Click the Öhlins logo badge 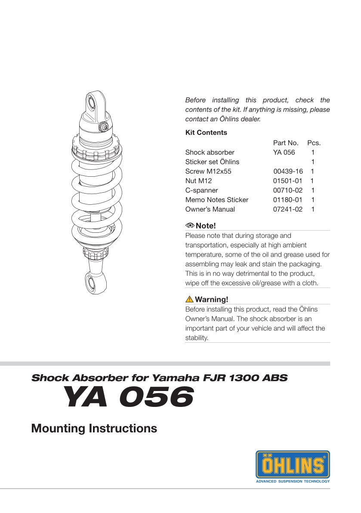coord(293,464)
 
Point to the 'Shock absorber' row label coord(210,152)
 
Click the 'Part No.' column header coord(286,143)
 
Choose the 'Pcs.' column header coord(314,143)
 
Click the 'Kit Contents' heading coord(206,133)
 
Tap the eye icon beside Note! coord(190,226)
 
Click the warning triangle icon coord(189,299)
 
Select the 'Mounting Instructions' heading coord(94,429)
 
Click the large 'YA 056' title coord(127,397)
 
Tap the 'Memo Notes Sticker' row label coord(216,200)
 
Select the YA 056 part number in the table coord(284,152)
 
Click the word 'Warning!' coord(211,300)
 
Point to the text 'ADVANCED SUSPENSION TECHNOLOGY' coord(293,481)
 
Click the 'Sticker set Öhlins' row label coord(212,162)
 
